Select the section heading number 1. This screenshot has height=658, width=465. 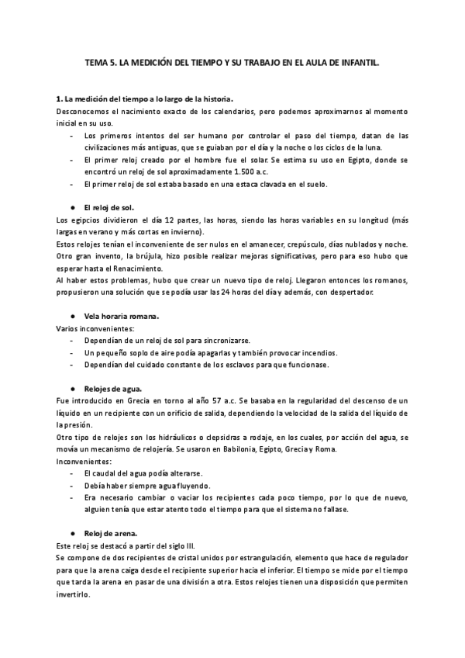[x=59, y=99]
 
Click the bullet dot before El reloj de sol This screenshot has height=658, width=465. [x=72, y=208]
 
